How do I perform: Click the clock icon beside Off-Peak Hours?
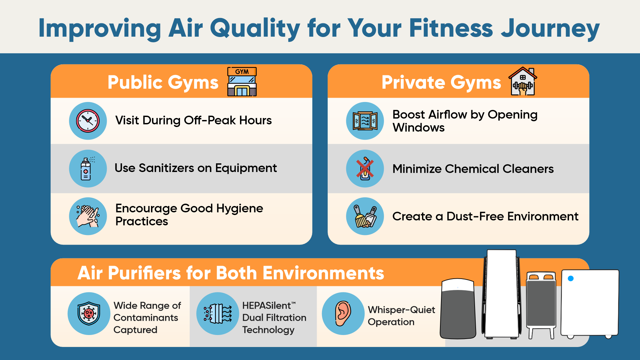[88, 121]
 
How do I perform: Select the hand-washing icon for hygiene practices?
[88, 216]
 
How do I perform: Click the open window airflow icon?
[365, 121]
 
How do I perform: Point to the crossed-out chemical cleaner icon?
[365, 168]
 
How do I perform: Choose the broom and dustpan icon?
[365, 216]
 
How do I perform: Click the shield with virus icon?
[89, 314]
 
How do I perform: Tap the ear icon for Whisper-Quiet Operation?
[343, 314]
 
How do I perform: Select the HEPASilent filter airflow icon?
[218, 314]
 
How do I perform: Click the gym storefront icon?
[242, 82]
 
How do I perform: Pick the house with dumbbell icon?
[523, 81]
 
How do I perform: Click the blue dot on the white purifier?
[571, 278]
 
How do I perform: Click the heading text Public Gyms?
[163, 83]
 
